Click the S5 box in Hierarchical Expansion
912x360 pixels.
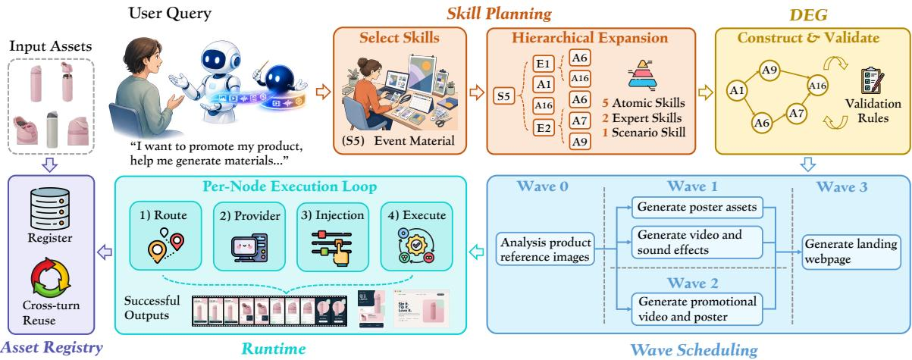(503, 96)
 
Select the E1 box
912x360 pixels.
(544, 64)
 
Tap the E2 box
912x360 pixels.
(544, 128)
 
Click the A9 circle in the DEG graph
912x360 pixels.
(769, 70)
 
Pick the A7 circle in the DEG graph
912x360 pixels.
(796, 113)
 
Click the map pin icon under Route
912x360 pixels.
(165, 245)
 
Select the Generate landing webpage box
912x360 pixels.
(851, 252)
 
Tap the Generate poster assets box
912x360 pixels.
(697, 207)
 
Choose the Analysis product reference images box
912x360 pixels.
(545, 249)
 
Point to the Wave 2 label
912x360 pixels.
(693, 283)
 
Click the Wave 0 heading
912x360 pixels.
(542, 186)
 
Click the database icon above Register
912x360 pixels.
(50, 208)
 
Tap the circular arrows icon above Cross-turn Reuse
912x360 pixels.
(51, 277)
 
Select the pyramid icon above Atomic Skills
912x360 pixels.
(642, 74)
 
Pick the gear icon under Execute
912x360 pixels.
(416, 245)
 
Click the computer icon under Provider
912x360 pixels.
(249, 248)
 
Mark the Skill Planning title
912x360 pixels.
(499, 14)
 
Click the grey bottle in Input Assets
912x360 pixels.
(52, 129)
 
